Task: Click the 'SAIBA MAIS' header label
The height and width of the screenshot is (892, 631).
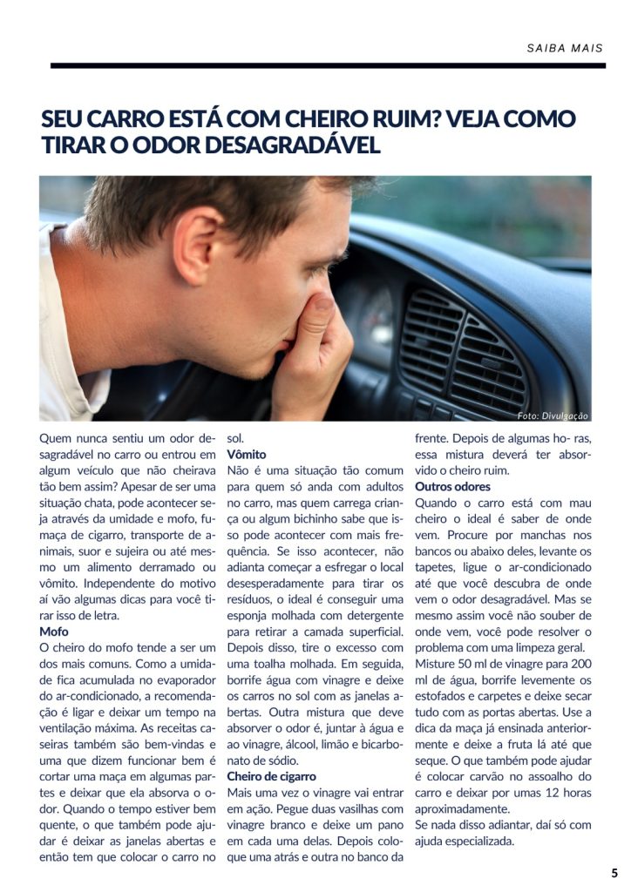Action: [x=565, y=48]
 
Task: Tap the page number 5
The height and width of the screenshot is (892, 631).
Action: [x=614, y=873]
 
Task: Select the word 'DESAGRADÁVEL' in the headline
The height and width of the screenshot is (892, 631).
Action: [x=295, y=145]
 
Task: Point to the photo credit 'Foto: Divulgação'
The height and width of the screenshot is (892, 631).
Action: [x=553, y=416]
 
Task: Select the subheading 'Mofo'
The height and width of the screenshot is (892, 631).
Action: [x=53, y=631]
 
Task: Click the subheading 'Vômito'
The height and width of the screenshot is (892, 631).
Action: [x=247, y=455]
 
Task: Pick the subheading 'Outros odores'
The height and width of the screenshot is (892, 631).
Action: [x=452, y=486]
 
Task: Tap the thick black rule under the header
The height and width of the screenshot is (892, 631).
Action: [x=328, y=65]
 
